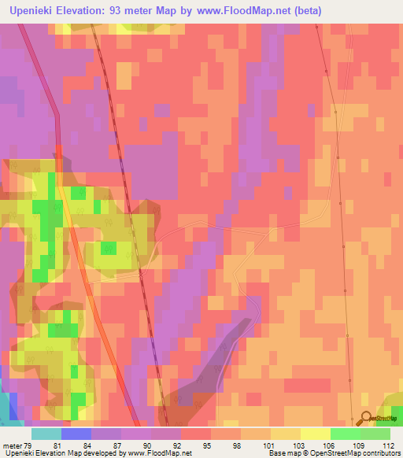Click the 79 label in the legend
(28, 445)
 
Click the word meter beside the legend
(12, 445)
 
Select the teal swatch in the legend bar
(46, 434)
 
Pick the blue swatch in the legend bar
(76, 434)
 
